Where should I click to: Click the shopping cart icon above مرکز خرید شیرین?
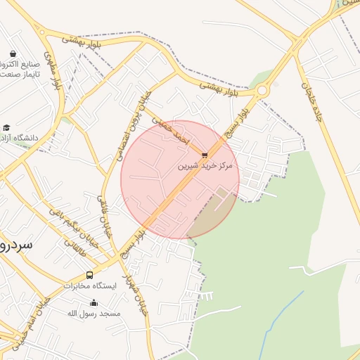coord(205,155)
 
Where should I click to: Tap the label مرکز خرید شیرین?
coord(205,167)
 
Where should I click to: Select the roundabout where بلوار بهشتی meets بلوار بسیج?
coord(262,90)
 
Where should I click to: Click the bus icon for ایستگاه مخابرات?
coord(89,275)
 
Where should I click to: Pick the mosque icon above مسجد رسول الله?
coord(94,302)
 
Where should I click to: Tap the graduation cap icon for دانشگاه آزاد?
coord(7,128)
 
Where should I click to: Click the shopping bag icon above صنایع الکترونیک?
coord(13,53)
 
